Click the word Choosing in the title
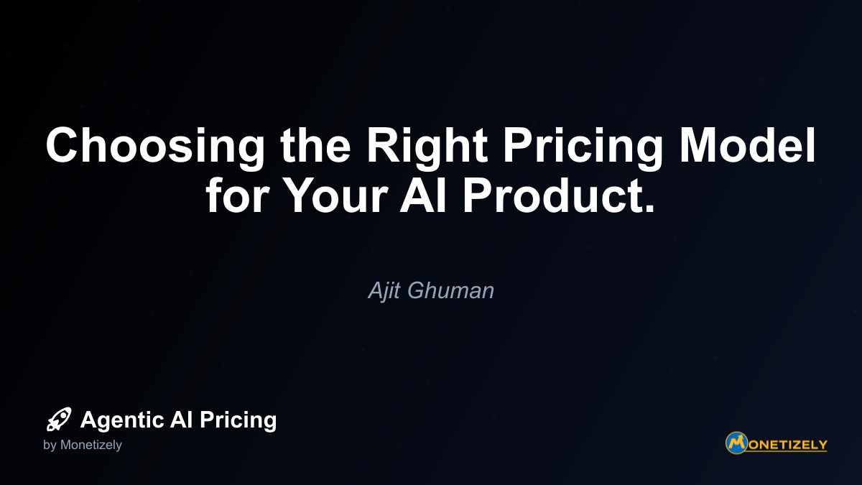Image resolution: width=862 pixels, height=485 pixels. coord(155,147)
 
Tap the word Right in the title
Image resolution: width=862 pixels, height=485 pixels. coord(427,147)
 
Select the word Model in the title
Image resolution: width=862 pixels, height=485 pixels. coord(747,144)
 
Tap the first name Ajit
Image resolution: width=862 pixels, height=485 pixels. coord(384,290)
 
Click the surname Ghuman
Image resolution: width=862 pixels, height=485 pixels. coord(450,290)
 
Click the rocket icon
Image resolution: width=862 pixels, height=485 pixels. coord(59,419)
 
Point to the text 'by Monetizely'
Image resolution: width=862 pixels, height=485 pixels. coord(83,445)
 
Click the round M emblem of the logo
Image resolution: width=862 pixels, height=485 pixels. coord(736,443)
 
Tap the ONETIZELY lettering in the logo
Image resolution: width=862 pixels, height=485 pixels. coord(787,445)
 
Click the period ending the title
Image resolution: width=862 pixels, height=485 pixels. coord(649,208)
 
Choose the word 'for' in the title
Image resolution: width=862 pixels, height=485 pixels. coord(237,194)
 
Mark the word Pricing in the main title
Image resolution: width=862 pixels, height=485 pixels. coord(583,147)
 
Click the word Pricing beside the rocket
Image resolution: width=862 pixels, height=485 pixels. coord(238,420)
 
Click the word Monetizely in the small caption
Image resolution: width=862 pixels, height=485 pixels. coord(91,445)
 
